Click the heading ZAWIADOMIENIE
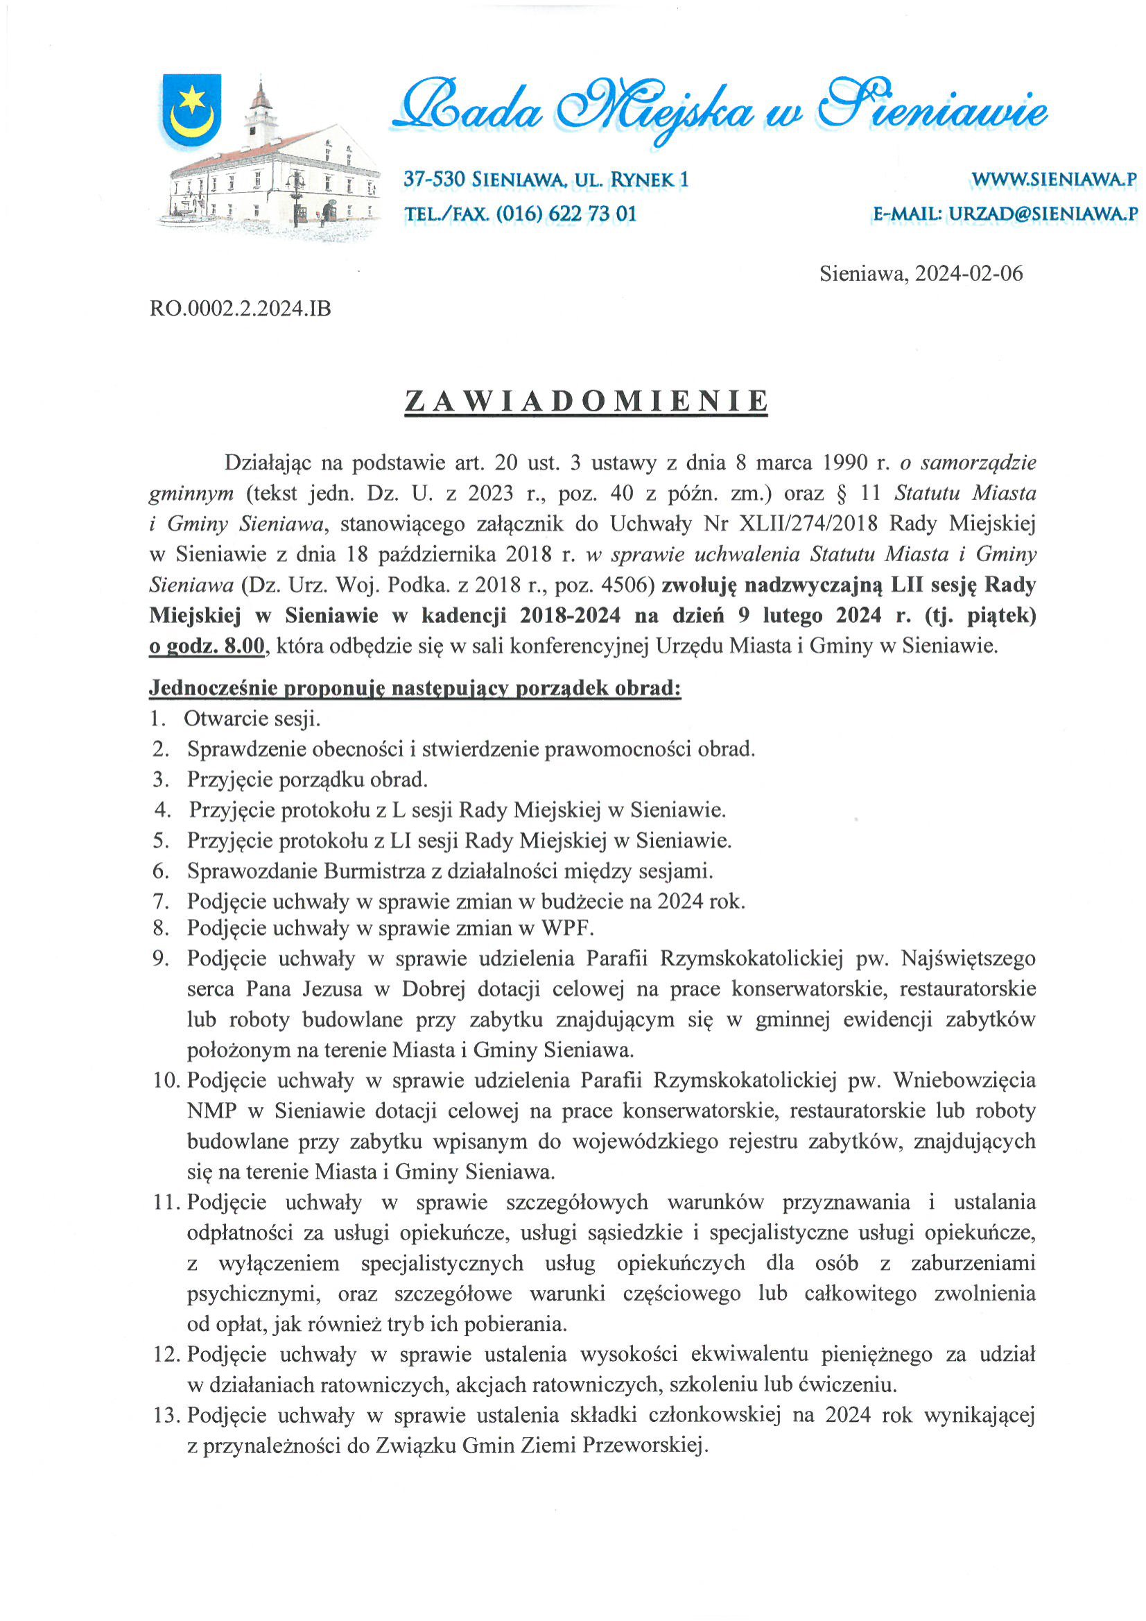[586, 401]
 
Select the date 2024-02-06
[968, 274]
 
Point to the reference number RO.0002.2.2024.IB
[240, 309]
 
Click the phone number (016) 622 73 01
[566, 213]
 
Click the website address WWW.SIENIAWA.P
[1054, 180]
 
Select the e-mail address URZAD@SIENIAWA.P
[1042, 213]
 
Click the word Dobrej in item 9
[433, 989]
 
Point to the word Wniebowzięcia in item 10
[964, 1080]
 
